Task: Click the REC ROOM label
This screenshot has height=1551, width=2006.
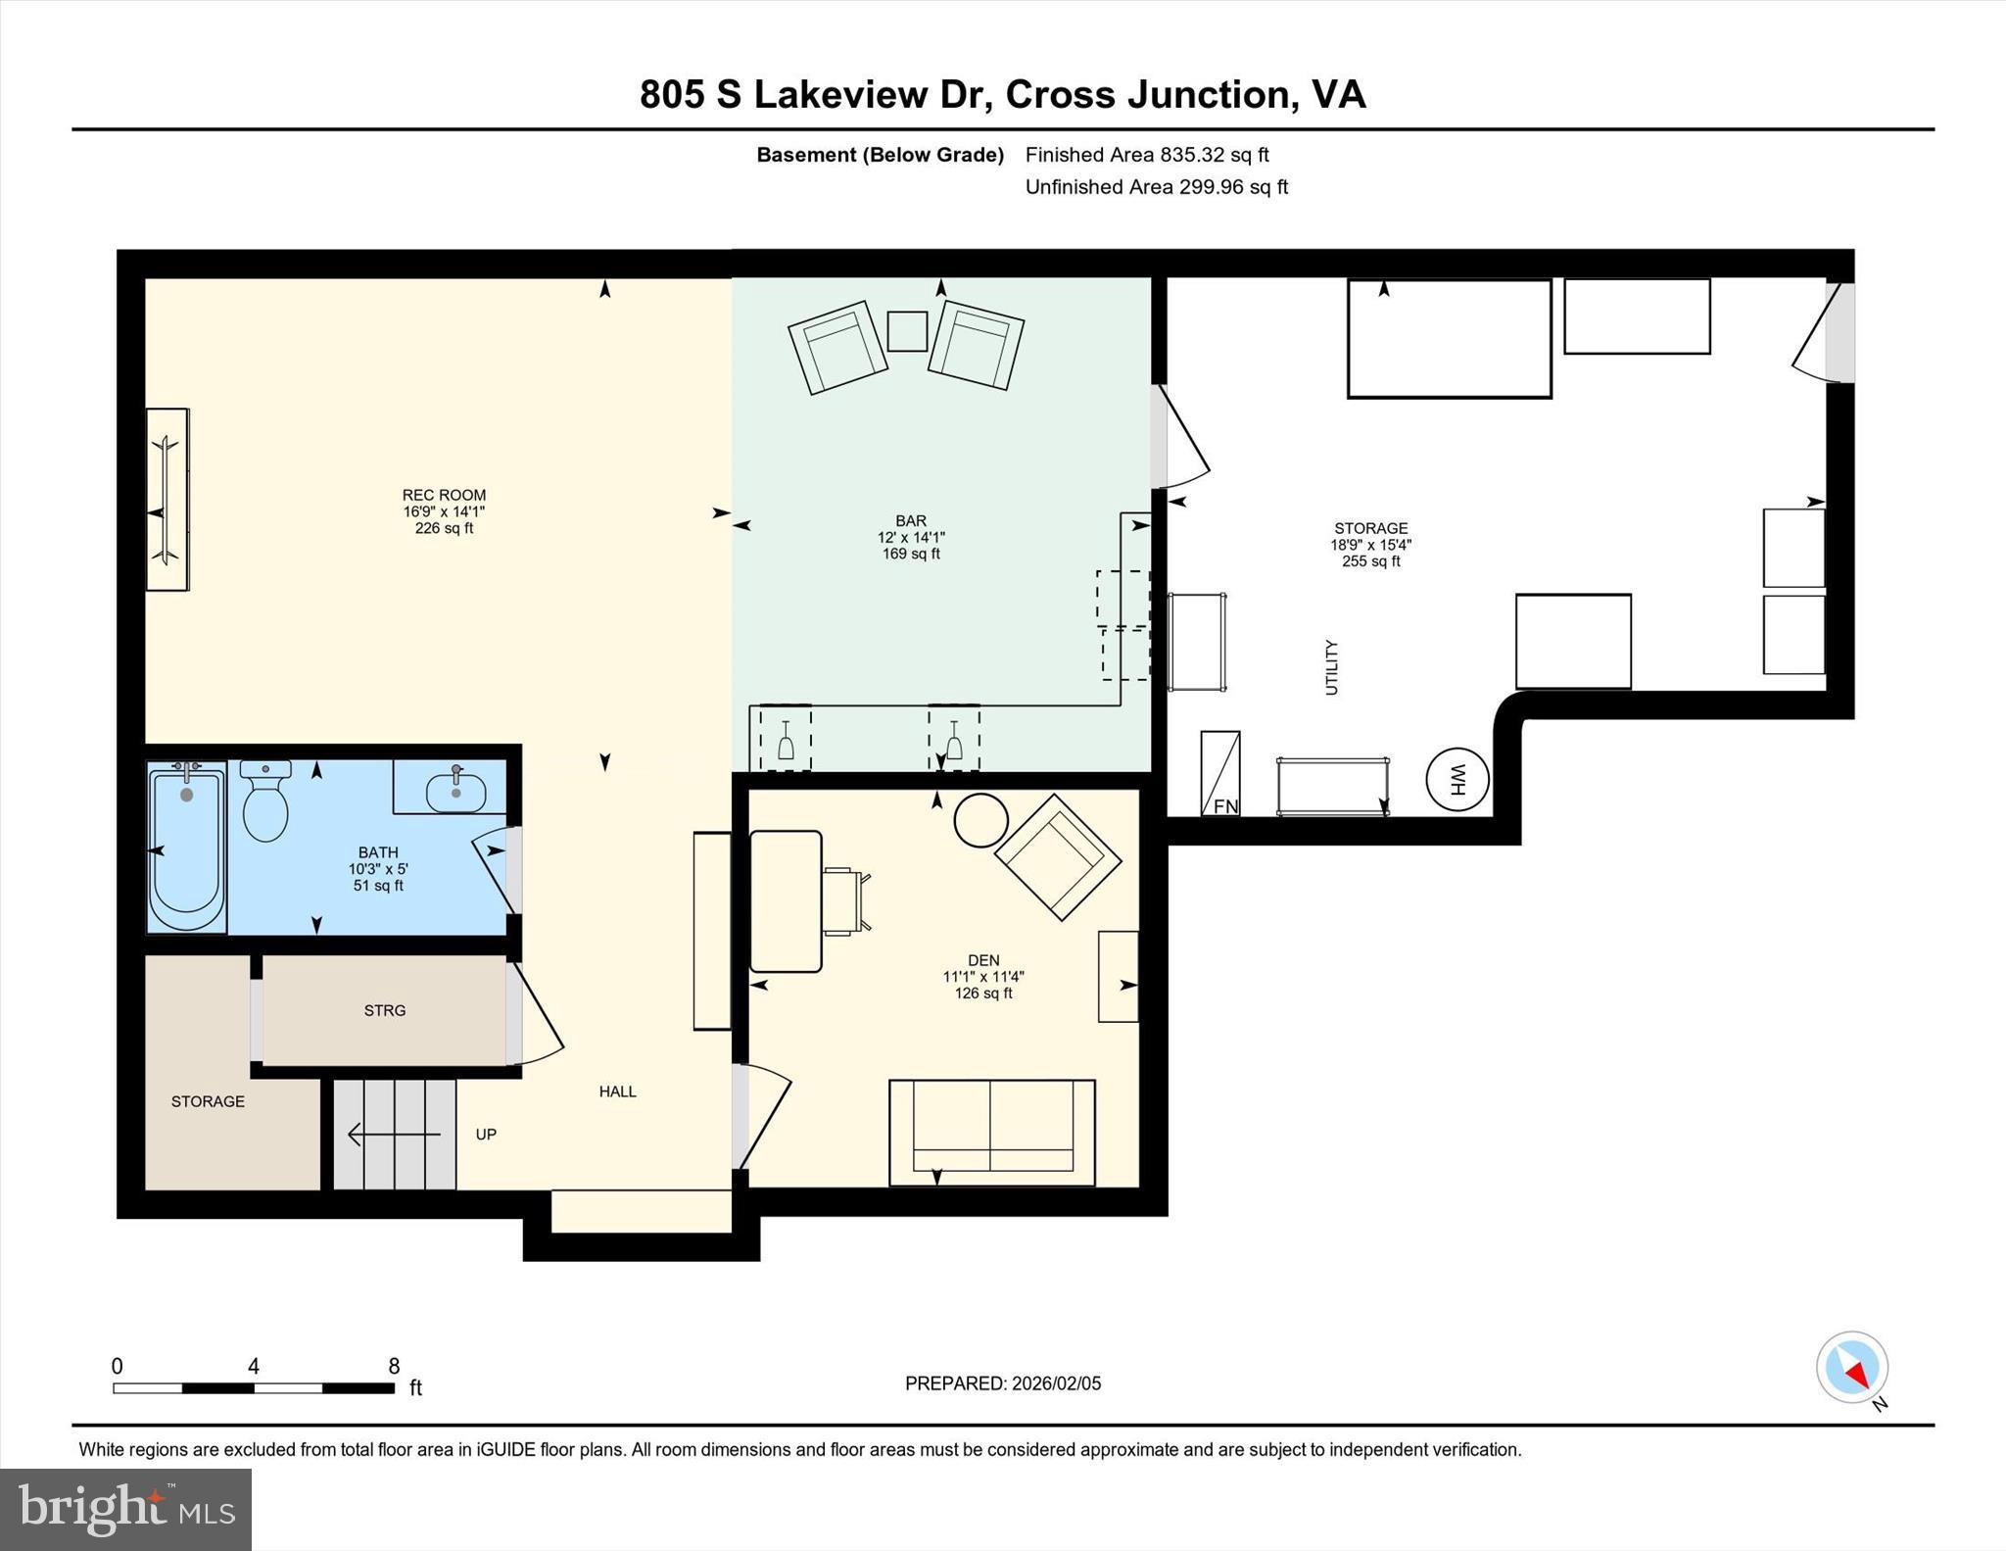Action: [444, 495]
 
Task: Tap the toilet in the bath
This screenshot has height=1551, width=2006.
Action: [265, 803]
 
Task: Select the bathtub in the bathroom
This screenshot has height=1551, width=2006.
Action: [186, 848]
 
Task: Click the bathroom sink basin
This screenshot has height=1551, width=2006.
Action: [456, 792]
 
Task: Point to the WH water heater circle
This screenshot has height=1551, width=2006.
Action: [1457, 780]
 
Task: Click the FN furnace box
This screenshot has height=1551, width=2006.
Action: [1220, 774]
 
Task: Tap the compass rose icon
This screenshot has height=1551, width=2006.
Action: [1851, 1367]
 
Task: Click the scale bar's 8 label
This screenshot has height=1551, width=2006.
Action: [394, 1367]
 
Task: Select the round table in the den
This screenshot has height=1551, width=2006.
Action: [980, 820]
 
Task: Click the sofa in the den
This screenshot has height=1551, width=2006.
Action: [991, 1132]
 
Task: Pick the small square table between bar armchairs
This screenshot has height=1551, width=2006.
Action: [907, 331]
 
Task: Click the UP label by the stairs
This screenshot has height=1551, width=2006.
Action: [486, 1135]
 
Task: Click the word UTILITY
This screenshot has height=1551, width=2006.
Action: [1331, 667]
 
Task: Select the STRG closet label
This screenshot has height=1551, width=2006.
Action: [384, 1010]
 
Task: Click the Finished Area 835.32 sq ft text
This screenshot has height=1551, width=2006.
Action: [1146, 155]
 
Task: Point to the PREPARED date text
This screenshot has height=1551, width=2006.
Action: [1002, 1383]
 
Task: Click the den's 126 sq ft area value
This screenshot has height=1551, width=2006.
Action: [983, 994]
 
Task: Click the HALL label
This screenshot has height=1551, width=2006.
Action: [617, 1091]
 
